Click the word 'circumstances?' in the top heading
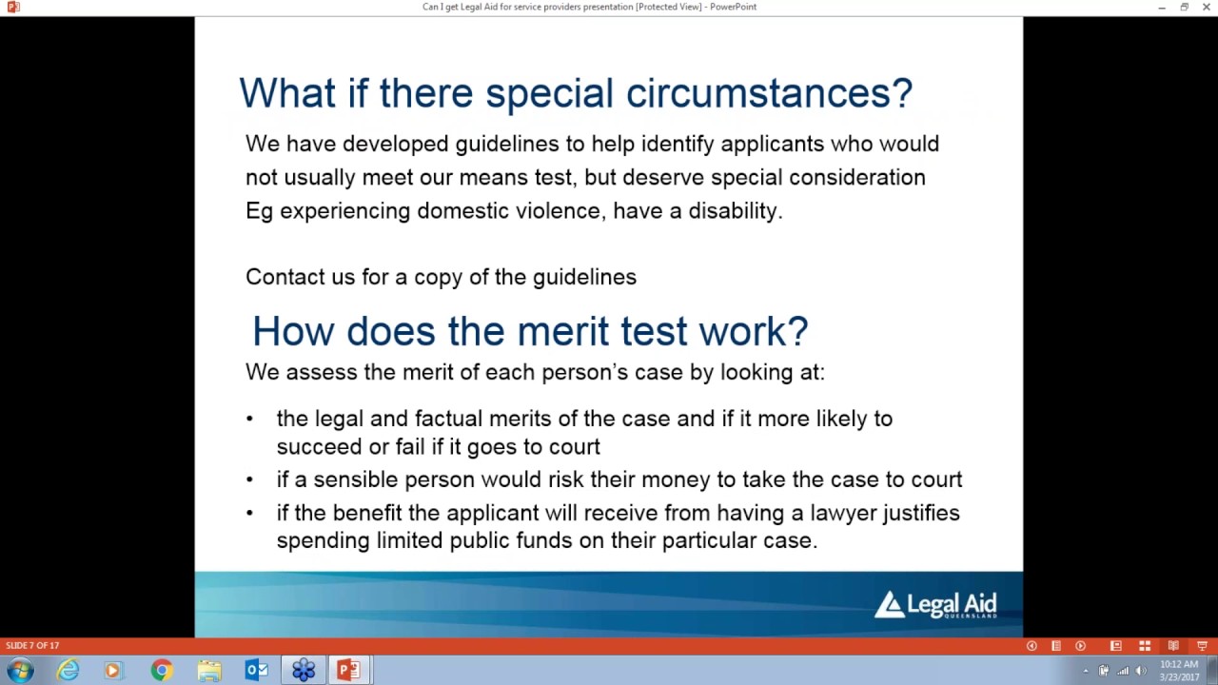click(769, 93)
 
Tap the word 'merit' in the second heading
click(562, 331)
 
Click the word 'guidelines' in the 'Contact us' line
click(584, 277)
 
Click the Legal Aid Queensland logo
click(935, 604)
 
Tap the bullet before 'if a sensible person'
click(250, 479)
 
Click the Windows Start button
click(20, 671)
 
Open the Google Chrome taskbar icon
click(161, 671)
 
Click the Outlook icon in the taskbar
click(256, 671)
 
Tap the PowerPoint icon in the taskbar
click(348, 671)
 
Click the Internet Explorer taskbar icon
click(68, 671)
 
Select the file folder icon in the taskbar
click(208, 671)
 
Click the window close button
click(1205, 8)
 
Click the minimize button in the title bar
click(1162, 8)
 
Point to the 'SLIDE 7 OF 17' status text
click(32, 646)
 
